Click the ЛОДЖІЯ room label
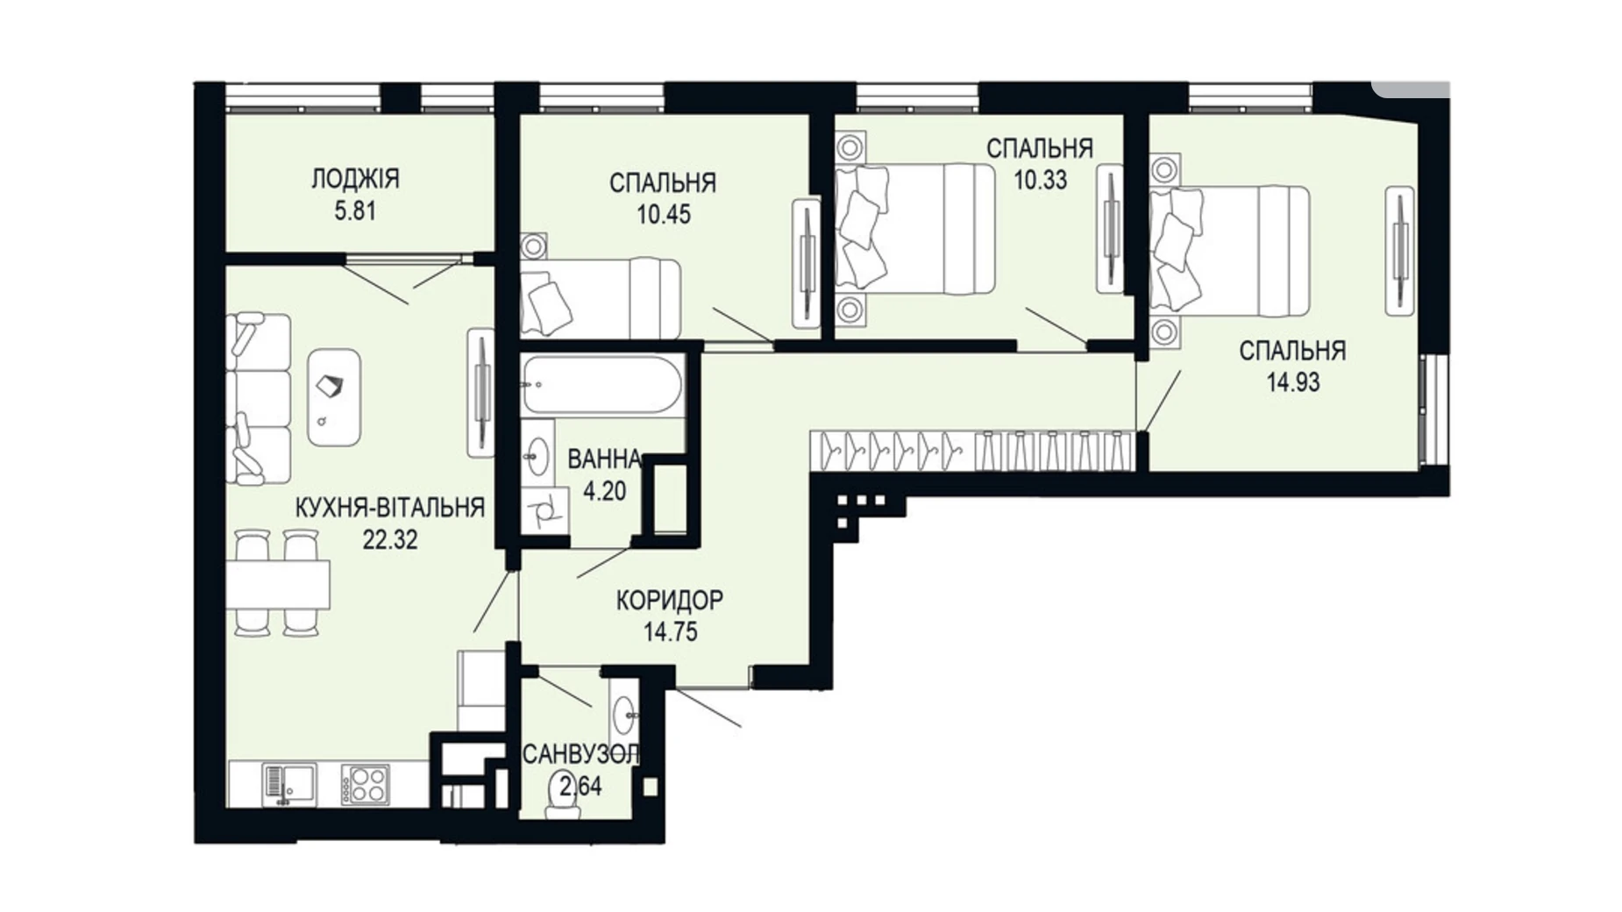(355, 179)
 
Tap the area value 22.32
(390, 539)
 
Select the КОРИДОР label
(669, 601)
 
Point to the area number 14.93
(1292, 382)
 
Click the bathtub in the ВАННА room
(601, 384)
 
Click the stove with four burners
(366, 784)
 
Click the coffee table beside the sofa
(334, 397)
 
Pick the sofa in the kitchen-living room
(258, 399)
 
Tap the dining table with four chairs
(276, 584)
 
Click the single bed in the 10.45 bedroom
(601, 297)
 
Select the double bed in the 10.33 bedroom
(914, 228)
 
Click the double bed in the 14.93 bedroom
(1229, 250)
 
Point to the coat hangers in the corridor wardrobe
(973, 451)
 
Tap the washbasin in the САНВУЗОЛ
(623, 715)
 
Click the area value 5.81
(355, 211)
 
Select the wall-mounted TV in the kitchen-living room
(480, 392)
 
